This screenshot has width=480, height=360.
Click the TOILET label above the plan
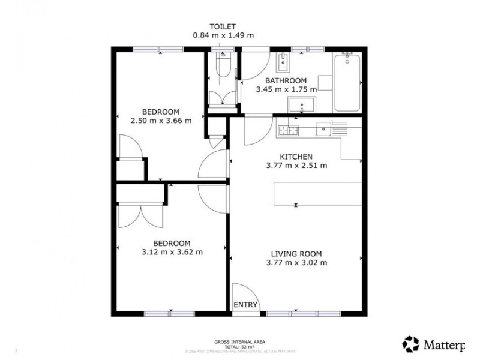(223, 26)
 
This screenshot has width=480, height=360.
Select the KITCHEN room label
(296, 157)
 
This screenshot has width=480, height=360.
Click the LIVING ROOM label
(296, 253)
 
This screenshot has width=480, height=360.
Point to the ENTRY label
(245, 305)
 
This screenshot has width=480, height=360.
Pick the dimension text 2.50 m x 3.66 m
(161, 120)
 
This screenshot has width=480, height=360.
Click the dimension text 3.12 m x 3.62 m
(172, 252)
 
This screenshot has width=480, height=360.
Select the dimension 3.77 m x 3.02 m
(296, 262)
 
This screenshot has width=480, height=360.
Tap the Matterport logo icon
(411, 344)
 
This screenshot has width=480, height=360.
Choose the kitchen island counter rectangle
(318, 193)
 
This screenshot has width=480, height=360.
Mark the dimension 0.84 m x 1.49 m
(223, 35)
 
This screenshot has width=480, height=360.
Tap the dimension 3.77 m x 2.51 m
(296, 166)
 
